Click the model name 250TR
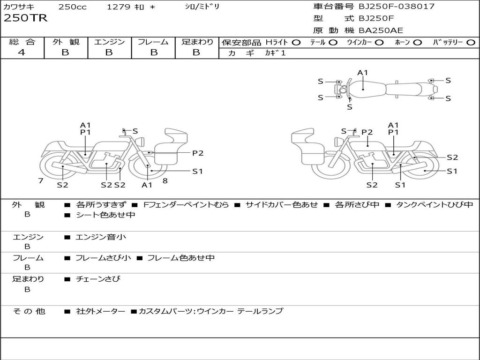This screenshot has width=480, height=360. (x=25, y=18)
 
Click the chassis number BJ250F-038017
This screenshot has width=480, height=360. (x=397, y=6)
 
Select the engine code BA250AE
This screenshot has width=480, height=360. (x=381, y=30)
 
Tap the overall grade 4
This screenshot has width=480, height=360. (x=22, y=52)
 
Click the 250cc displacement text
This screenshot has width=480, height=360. (x=73, y=7)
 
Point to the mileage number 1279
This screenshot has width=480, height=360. (x=119, y=7)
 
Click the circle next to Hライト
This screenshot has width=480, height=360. (x=296, y=43)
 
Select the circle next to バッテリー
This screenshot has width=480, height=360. (x=471, y=43)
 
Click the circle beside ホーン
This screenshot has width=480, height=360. (x=418, y=43)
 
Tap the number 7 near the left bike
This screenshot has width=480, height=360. (x=41, y=180)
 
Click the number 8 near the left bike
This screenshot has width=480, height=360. (x=165, y=180)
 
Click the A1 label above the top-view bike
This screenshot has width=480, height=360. (x=362, y=73)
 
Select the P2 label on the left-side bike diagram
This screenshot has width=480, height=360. (x=198, y=153)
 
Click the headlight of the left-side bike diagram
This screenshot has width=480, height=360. (x=141, y=142)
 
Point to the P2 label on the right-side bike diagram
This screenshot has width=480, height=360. (x=367, y=132)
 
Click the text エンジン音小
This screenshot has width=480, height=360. (x=101, y=237)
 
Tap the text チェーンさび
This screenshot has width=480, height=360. (x=98, y=279)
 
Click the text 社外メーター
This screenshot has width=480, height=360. (x=100, y=311)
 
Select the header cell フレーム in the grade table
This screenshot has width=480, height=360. (x=153, y=42)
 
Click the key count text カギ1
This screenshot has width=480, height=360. (x=275, y=53)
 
